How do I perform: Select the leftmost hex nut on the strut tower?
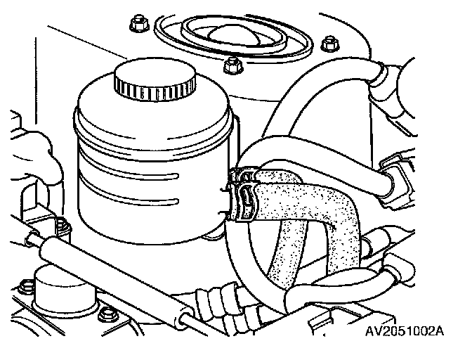[x=137, y=27]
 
